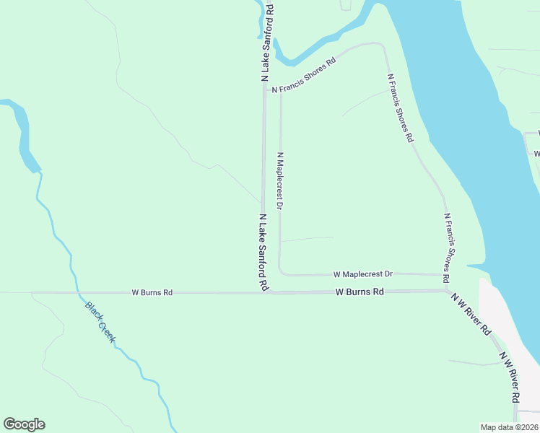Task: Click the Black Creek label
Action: click(100, 323)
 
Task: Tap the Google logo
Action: click(24, 424)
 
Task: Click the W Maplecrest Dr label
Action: click(362, 274)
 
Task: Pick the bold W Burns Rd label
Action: click(360, 292)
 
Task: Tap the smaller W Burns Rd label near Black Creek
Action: click(152, 293)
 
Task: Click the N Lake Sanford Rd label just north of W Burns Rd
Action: click(264, 252)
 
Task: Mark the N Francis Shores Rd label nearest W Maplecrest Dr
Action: click(447, 248)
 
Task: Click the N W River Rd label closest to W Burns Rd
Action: click(471, 314)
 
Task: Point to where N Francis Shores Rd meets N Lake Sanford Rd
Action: click(264, 91)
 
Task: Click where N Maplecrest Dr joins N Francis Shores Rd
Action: click(281, 87)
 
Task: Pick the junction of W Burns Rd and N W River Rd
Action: click(448, 291)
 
